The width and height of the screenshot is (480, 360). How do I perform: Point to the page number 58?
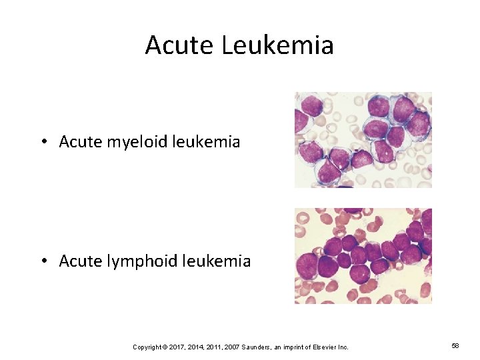click(x=456, y=347)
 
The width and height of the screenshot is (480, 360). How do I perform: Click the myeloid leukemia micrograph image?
click(x=363, y=139)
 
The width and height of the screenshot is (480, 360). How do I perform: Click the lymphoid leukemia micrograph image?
click(x=363, y=256)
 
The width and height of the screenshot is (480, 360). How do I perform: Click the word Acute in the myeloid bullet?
click(x=75, y=141)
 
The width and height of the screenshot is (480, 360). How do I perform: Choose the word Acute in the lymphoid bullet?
click(x=75, y=261)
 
